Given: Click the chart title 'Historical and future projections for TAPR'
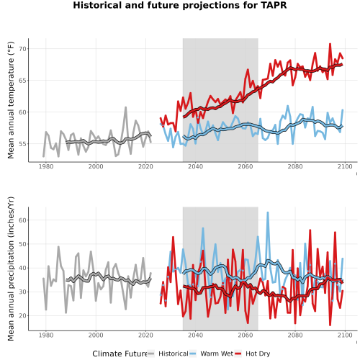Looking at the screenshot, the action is coord(180,5).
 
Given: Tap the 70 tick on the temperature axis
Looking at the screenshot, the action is coord(23,49).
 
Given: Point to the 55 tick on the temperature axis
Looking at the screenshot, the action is coord(23,144).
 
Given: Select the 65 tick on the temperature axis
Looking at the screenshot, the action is coord(23,81).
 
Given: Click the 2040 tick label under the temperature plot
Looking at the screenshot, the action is coord(195,166).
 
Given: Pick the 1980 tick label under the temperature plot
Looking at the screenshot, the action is coord(46,166).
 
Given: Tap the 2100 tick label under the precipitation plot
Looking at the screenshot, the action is coord(345,335).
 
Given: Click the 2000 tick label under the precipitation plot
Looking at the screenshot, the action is coord(96,335).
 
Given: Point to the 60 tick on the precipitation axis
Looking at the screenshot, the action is coord(23,220).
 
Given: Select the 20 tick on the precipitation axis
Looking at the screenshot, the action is coord(23,316).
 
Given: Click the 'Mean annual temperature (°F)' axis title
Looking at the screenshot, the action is coord(11,100).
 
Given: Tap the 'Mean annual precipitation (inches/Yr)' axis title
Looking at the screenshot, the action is coord(11,269).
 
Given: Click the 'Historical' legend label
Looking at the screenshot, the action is coord(174,354).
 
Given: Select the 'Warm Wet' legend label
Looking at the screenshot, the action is coord(217,354).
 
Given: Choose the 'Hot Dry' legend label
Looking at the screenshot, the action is coord(258,354).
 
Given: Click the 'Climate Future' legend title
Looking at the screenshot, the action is coord(120,354).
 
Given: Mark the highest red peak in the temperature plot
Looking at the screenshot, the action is coord(330,44).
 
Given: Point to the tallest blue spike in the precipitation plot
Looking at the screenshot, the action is coord(268,212).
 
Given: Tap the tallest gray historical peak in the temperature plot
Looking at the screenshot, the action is coord(125,107).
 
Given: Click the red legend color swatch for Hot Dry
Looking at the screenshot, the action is coord(238,354).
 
